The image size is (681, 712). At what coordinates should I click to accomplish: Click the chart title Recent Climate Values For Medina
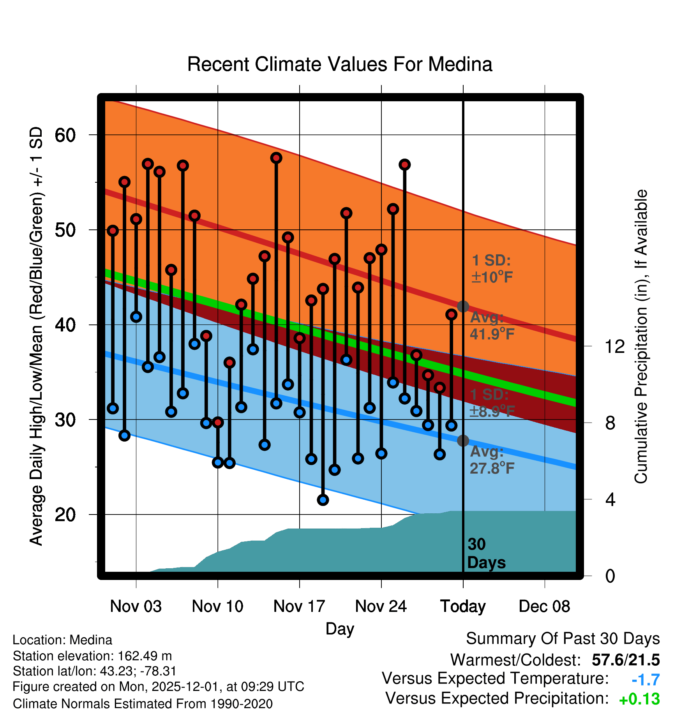pos(340,64)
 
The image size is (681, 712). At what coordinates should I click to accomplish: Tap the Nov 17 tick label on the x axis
pos(299,606)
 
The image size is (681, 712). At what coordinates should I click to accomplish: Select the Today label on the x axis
pos(463,606)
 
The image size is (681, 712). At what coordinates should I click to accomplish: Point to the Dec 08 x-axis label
pos(544,606)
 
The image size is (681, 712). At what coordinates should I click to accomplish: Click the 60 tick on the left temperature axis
pos(65,136)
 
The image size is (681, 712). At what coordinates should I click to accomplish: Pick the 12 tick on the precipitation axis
pos(614,346)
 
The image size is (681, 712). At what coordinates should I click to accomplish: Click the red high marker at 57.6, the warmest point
pos(276,158)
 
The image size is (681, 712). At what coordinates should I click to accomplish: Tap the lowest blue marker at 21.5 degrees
pos(323,500)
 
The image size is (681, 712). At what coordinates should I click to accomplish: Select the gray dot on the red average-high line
pos(463,307)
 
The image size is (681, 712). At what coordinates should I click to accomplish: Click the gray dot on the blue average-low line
pos(463,441)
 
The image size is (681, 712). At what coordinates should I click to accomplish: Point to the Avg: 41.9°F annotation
pos(492,326)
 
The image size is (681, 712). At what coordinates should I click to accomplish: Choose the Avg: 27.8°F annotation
pos(492,460)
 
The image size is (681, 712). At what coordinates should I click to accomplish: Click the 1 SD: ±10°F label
pos(492,269)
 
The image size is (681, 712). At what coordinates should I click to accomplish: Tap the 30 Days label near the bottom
pos(486,553)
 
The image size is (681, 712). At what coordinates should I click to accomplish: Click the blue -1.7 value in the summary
pos(646,680)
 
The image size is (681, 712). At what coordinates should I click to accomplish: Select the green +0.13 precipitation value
pos(639,699)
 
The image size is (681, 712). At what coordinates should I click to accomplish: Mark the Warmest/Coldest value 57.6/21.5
pos(626,660)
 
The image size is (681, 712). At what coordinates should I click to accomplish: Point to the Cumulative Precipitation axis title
pos(641,337)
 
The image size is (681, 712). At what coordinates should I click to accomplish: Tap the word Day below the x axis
pos(340,629)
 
